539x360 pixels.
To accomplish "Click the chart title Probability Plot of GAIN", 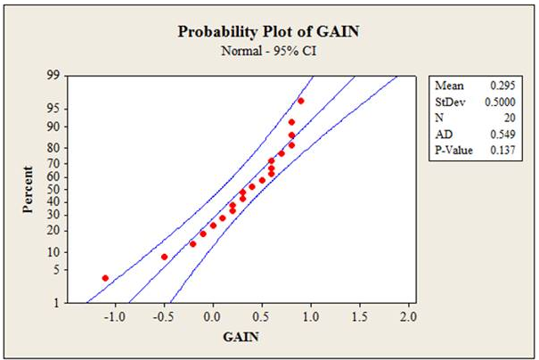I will click(x=269, y=31).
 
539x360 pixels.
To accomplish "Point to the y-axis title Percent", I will click(x=29, y=188).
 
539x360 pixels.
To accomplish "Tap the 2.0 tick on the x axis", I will click(x=408, y=317).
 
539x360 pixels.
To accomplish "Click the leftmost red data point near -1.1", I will click(x=105, y=278).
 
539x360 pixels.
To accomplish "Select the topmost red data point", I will click(x=301, y=101).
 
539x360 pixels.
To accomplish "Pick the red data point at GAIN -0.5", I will click(x=164, y=257).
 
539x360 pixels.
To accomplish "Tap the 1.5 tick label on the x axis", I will click(x=359, y=317).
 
